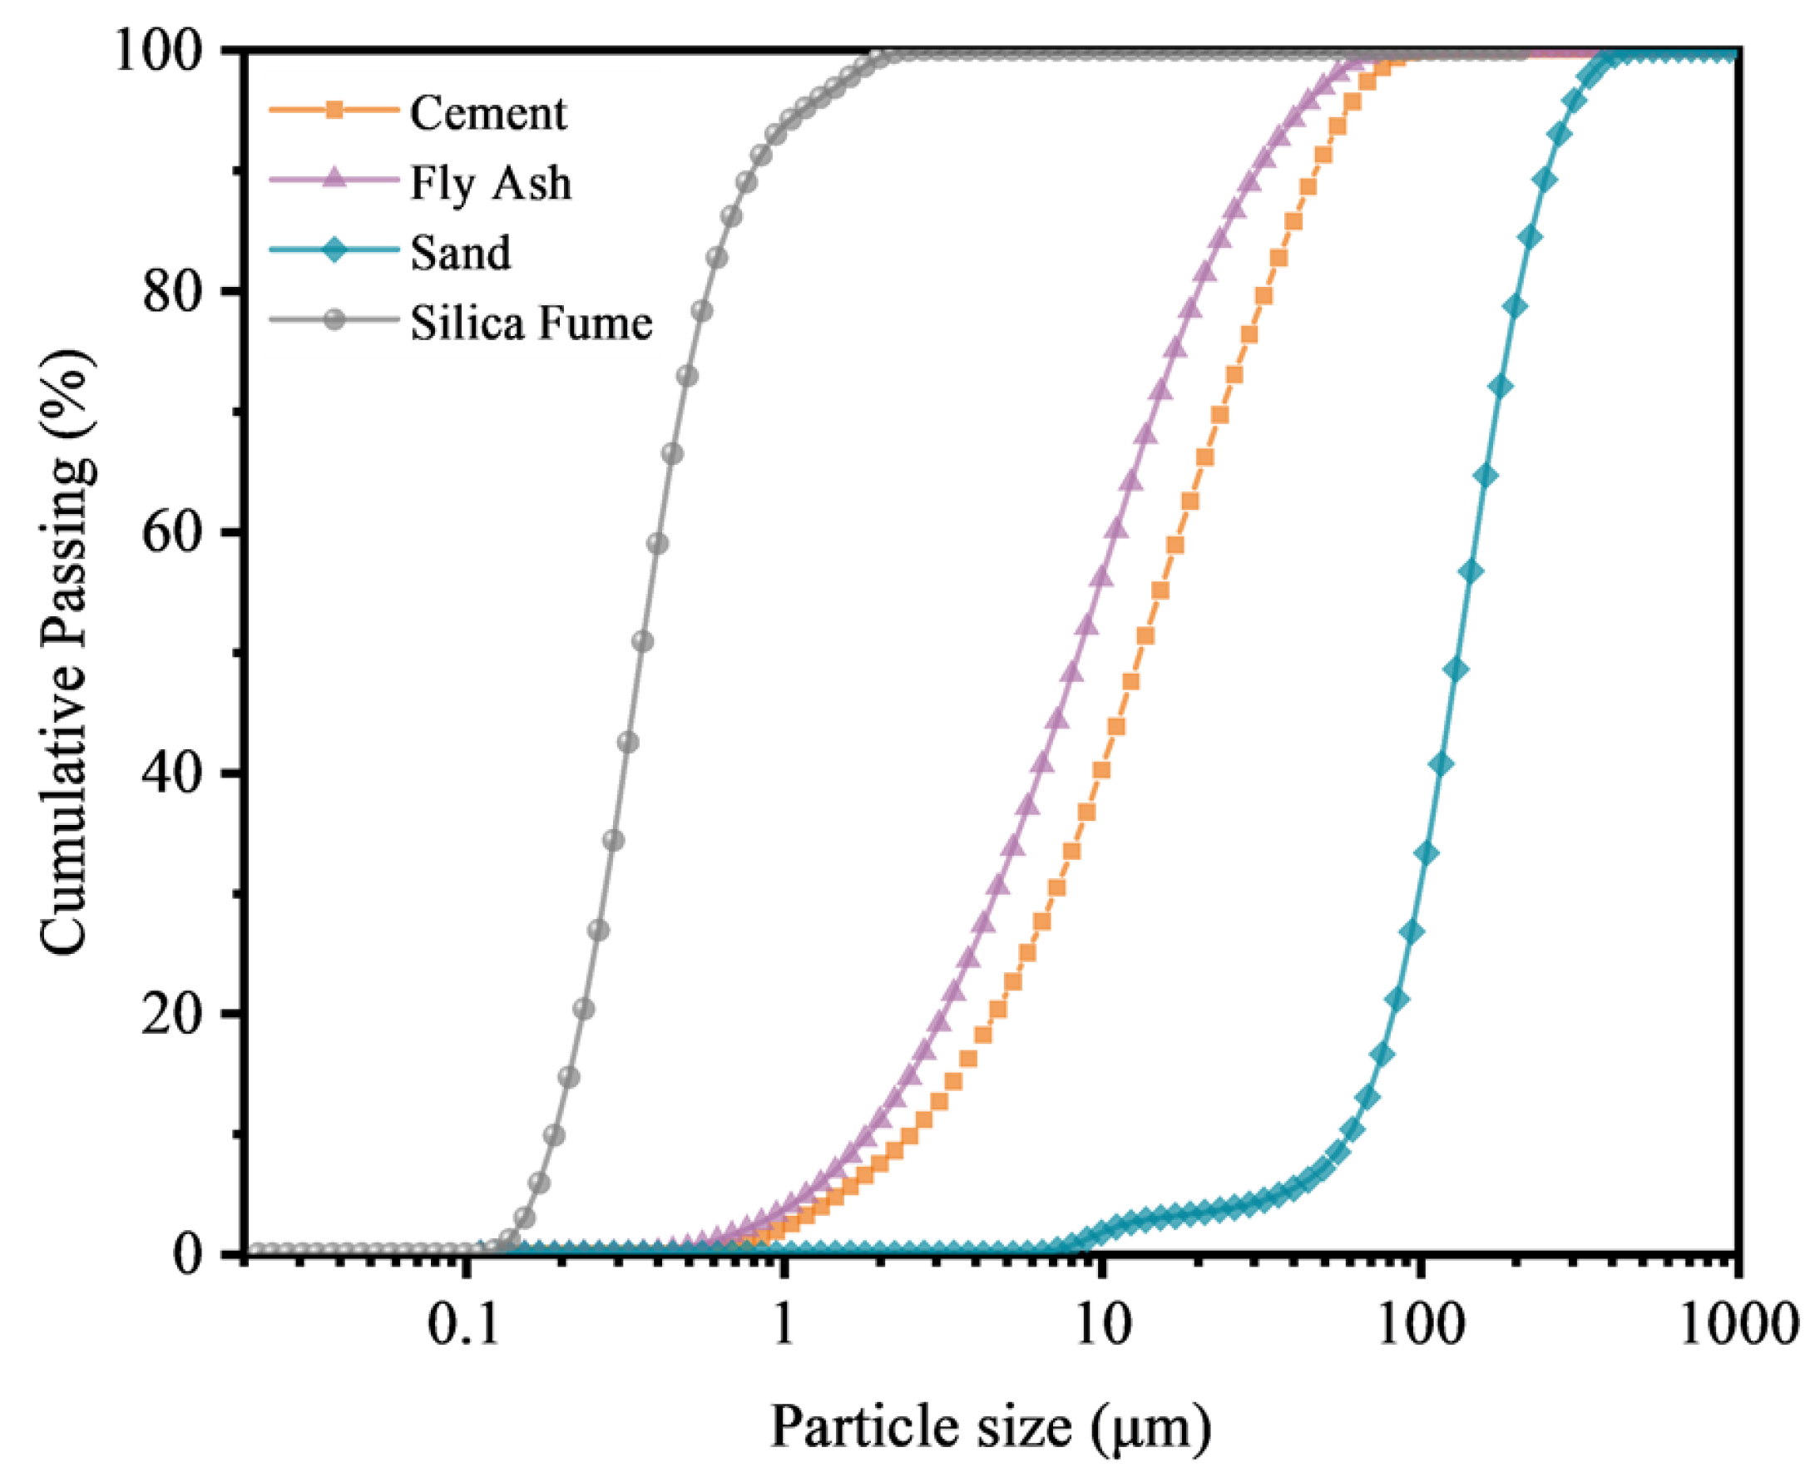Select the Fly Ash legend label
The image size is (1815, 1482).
click(x=490, y=183)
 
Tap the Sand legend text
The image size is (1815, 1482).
click(x=460, y=253)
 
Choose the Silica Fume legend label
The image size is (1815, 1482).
click(x=531, y=323)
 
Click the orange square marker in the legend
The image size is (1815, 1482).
click(x=334, y=110)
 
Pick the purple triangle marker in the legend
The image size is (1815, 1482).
click(x=334, y=180)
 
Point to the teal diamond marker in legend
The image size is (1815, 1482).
click(x=334, y=250)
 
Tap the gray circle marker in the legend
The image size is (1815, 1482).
click(x=334, y=320)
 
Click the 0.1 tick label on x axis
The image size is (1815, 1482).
click(x=463, y=1326)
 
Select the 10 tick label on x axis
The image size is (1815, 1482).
click(x=1102, y=1326)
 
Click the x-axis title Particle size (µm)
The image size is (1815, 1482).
click(x=991, y=1426)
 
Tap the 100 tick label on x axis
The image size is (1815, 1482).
click(x=1420, y=1326)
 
